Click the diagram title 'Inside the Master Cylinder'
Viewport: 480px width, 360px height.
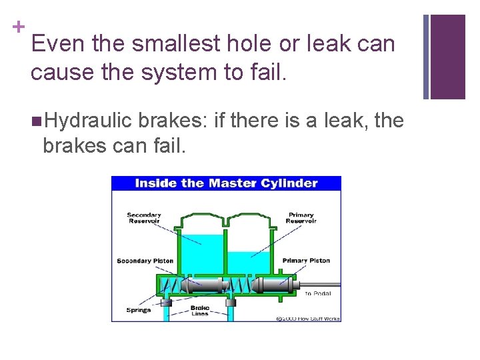[226, 183]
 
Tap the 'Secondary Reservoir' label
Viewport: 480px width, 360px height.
[144, 219]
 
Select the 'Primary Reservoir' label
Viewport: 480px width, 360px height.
[301, 219]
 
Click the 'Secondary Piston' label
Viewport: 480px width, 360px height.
[145, 261]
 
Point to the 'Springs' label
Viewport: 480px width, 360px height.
[138, 310]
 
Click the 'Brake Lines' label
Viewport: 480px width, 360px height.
[200, 310]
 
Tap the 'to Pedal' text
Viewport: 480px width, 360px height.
[317, 293]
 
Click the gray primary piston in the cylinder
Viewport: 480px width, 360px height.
[273, 286]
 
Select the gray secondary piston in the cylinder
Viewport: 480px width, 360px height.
[204, 286]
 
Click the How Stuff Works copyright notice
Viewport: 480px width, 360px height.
[308, 319]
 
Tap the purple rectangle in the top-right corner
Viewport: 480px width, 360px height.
[447, 57]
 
